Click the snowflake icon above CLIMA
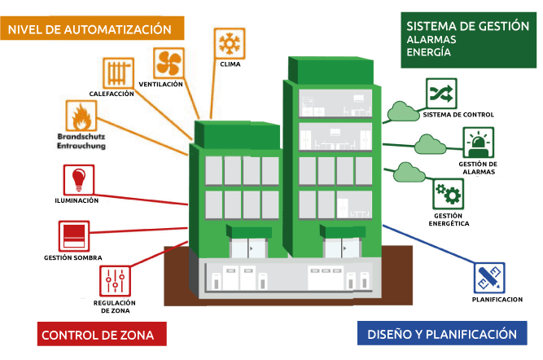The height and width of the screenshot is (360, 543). (230, 43)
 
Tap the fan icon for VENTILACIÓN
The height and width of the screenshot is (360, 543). (169, 63)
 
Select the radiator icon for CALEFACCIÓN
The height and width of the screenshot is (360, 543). (118, 72)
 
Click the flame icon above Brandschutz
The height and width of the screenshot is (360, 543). (81, 116)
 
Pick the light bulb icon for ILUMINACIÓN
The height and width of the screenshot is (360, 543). (79, 179)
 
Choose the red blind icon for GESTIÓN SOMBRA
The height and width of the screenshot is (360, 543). (74, 236)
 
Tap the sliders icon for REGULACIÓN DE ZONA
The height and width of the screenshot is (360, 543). (115, 281)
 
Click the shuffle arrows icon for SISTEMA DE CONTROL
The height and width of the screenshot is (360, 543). (441, 94)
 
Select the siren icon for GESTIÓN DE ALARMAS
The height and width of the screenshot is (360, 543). (478, 143)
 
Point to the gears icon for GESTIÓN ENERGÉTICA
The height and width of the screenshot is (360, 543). (448, 194)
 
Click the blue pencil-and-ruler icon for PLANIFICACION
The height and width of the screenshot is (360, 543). (489, 278)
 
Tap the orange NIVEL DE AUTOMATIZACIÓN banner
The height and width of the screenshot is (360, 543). (92, 28)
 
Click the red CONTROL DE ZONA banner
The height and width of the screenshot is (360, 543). (102, 334)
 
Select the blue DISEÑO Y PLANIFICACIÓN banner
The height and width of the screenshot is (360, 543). (442, 333)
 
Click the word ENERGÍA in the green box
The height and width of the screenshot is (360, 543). (428, 52)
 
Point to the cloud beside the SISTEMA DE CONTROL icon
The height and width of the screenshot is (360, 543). (403, 112)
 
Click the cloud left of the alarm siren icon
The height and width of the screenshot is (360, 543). (430, 144)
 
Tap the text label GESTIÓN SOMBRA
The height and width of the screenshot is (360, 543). (73, 258)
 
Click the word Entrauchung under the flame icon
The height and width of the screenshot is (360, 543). (81, 146)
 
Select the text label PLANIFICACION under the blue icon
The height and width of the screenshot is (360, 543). (497, 300)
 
